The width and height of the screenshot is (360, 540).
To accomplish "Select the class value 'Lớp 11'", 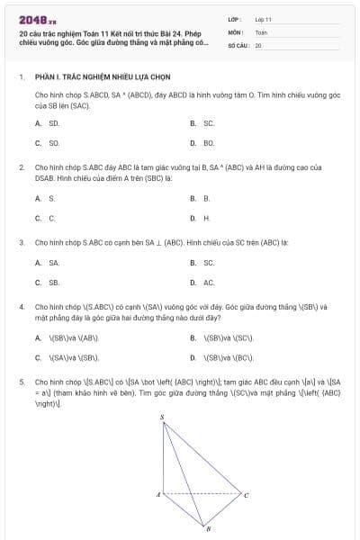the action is coord(263,19).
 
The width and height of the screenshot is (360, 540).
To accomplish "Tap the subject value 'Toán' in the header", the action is coord(261,31).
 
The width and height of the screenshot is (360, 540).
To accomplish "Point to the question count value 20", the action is coord(258,44).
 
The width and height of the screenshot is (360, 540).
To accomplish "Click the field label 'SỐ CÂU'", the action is coord(237,44).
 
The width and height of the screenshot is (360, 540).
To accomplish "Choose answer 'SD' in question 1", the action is coord(54,123).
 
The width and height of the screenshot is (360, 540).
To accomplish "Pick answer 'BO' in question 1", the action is coord(209,143).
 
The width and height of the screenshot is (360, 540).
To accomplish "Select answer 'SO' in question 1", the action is coord(54,143).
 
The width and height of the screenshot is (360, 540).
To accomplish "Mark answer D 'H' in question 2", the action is coord(207,218).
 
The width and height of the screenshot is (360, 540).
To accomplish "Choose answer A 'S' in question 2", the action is coord(51,198).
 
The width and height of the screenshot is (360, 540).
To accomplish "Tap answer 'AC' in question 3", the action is coord(209,283).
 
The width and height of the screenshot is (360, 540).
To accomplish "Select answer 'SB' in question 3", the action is coord(54,283).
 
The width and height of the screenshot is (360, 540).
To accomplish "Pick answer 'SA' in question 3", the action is coord(54,263).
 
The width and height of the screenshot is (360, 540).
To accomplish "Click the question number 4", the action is coord(21,307).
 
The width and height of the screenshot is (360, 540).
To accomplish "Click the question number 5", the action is coord(21,382).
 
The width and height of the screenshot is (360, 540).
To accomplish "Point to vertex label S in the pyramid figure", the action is coord(162,418).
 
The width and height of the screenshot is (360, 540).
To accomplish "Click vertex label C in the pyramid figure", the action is coord(246,495).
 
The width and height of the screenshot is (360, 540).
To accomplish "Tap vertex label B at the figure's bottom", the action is coord(208,527).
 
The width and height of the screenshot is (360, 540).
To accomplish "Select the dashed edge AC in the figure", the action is coord(202,493).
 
